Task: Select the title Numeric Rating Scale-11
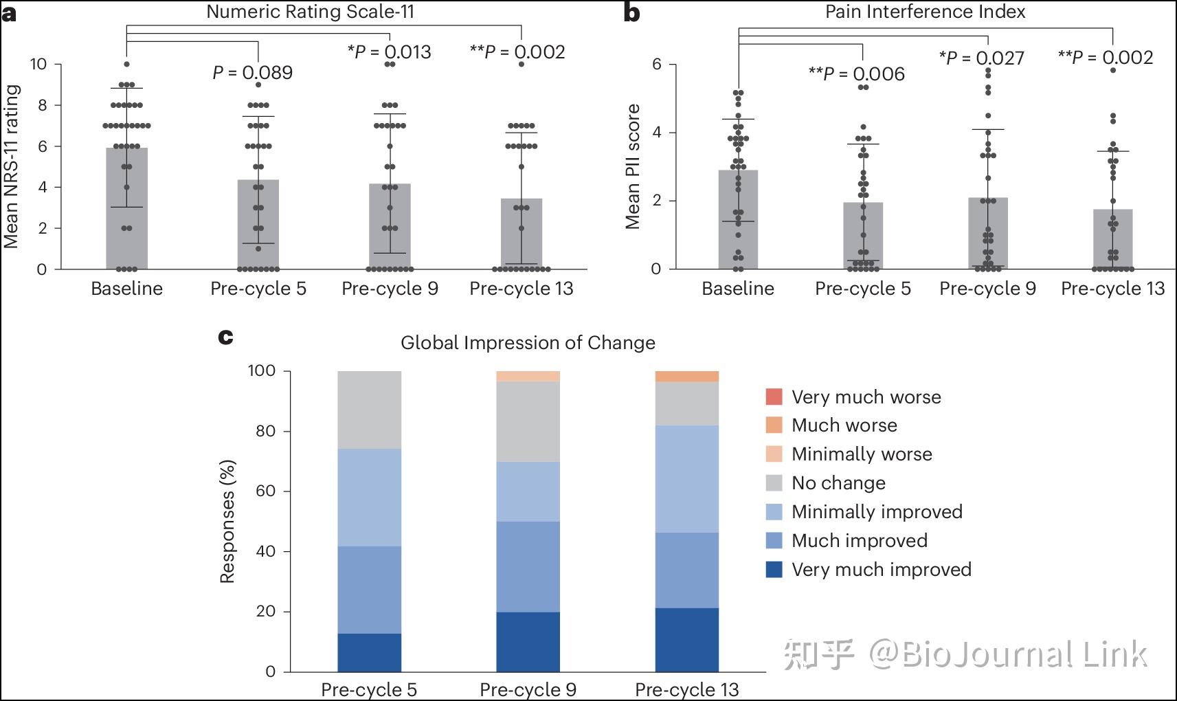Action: [x=310, y=12]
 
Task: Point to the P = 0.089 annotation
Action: [x=252, y=73]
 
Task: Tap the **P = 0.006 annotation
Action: [x=857, y=74]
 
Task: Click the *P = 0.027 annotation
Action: [x=982, y=58]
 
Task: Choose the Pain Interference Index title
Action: [x=925, y=12]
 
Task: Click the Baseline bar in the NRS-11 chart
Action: [x=126, y=209]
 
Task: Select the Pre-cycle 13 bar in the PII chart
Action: [x=1112, y=239]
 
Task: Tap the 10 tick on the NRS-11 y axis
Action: [x=38, y=64]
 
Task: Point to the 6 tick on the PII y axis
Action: [x=656, y=64]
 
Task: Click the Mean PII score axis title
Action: [x=633, y=166]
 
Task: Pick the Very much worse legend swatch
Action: [x=774, y=397]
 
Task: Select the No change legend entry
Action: [x=839, y=483]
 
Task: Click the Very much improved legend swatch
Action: [x=774, y=570]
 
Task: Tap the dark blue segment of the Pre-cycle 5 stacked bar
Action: [x=370, y=653]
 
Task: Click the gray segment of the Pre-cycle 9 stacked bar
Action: [x=528, y=421]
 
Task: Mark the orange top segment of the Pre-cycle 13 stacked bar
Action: [x=687, y=376]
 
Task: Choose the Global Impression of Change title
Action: [x=528, y=343]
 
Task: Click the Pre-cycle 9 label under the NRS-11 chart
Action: [x=390, y=289]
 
